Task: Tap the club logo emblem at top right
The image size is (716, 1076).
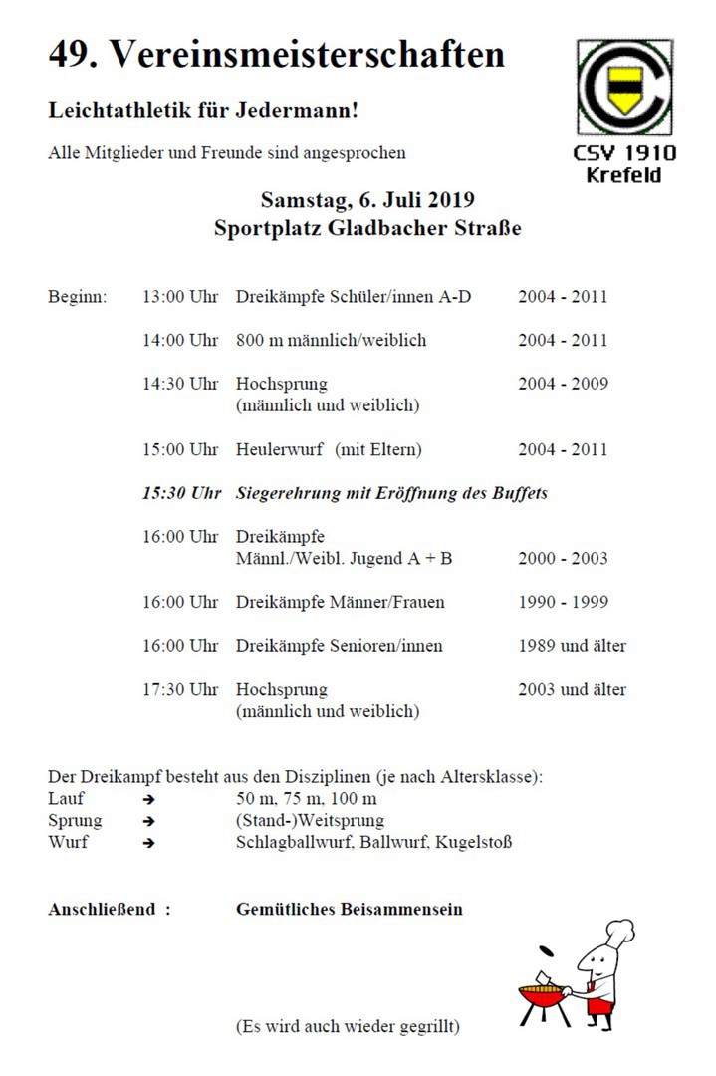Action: (624, 88)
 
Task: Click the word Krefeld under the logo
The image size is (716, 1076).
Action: (624, 176)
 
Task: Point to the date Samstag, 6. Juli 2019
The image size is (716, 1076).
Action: (367, 198)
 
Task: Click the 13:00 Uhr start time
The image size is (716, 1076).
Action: (180, 297)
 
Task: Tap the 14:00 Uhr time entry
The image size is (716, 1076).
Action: (180, 341)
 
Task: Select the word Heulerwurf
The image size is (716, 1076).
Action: (279, 450)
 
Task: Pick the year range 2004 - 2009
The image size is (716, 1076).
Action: (563, 385)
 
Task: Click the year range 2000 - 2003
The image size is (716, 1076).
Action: (563, 559)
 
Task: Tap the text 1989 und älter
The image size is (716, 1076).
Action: (573, 646)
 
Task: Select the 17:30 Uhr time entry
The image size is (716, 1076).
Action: (180, 689)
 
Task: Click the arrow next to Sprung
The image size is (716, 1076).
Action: (148, 822)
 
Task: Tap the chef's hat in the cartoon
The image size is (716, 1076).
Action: (618, 934)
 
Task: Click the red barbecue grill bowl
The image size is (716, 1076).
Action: (542, 993)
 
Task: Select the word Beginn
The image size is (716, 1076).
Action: (78, 297)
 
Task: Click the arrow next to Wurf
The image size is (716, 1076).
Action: (148, 843)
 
